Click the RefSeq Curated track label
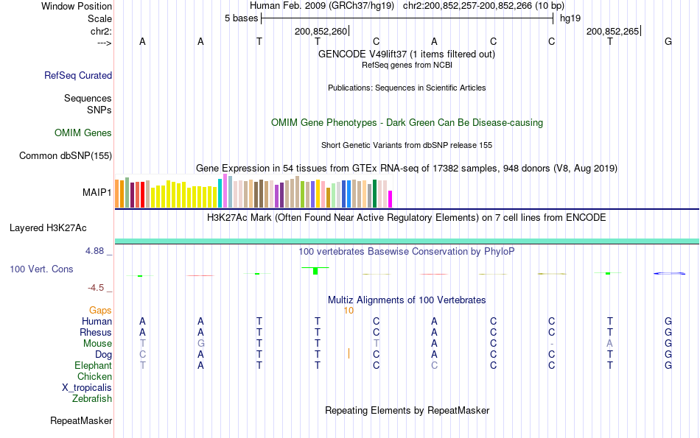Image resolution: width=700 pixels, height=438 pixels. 78,75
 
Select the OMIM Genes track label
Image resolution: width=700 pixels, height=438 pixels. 83,133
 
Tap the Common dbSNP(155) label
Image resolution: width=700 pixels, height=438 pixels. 66,155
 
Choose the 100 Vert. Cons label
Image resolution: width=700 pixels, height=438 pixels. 41,269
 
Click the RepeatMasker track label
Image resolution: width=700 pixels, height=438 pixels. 81,421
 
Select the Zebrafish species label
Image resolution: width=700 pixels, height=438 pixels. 92,399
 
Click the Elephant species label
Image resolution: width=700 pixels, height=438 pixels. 93,366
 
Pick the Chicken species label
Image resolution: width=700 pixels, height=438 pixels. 94,377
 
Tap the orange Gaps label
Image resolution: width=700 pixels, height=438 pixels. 100,311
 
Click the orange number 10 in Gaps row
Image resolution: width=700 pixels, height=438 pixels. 349,311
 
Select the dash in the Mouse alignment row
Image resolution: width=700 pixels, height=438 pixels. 551,344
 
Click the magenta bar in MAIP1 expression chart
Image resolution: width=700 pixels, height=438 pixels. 391,199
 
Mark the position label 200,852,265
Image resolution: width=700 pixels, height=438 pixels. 612,32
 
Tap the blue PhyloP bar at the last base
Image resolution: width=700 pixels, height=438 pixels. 669,274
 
